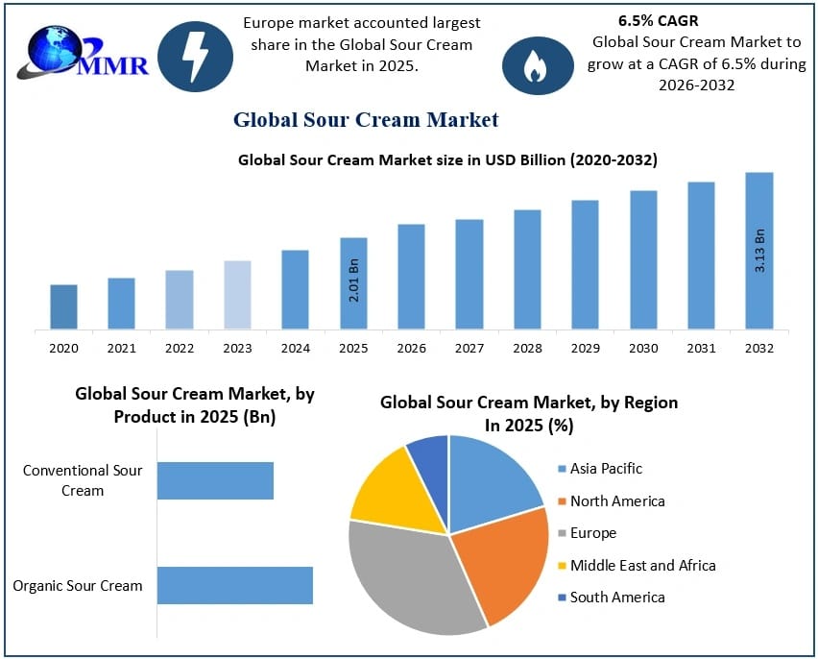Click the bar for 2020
pyautogui.click(x=63, y=306)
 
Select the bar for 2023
pyautogui.click(x=237, y=295)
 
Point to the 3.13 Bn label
pyautogui.click(x=759, y=250)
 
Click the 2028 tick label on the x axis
pyautogui.click(x=527, y=349)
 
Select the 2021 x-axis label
pyautogui.click(x=121, y=349)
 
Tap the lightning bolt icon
pyautogui.click(x=195, y=58)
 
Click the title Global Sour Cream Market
pyautogui.click(x=366, y=120)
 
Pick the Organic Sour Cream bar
pyautogui.click(x=235, y=585)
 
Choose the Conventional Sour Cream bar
pyautogui.click(x=215, y=480)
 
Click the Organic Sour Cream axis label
pyautogui.click(x=78, y=585)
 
